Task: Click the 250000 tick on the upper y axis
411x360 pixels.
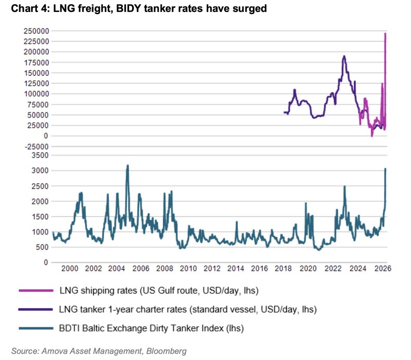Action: [37, 31]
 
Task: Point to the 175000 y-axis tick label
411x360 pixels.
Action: [37, 62]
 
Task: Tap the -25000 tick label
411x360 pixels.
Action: [37, 146]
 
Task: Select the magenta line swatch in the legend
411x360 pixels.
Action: [35, 290]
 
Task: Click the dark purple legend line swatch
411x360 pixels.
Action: [35, 309]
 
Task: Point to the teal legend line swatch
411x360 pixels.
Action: [35, 328]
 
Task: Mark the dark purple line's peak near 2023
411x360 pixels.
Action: [344, 56]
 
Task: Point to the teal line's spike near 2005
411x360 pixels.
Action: [127, 165]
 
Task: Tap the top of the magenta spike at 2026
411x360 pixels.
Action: [385, 33]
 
